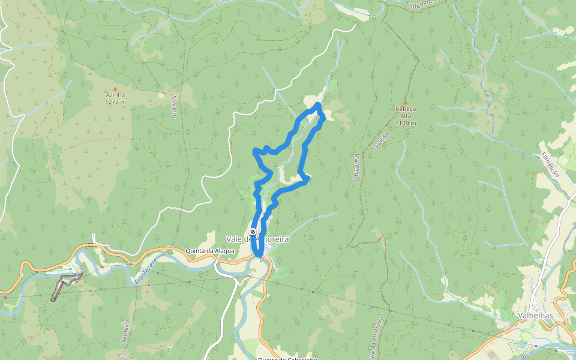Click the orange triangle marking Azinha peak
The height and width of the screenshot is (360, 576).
[115, 88]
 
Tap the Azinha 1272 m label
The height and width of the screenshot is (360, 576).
[115, 98]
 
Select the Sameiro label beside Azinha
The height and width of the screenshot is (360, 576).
[174, 106]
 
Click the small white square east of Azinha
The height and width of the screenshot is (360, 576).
[161, 94]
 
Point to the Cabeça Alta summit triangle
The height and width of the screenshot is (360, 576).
[406, 101]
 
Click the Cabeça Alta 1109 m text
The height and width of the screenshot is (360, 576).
[406, 116]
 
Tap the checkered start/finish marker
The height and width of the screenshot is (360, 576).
[253, 232]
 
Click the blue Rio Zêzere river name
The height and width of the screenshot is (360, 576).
[146, 268]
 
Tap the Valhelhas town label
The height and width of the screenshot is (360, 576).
[535, 315]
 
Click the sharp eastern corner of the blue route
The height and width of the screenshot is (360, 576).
[308, 178]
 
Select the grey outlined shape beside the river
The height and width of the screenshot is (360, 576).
[65, 285]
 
